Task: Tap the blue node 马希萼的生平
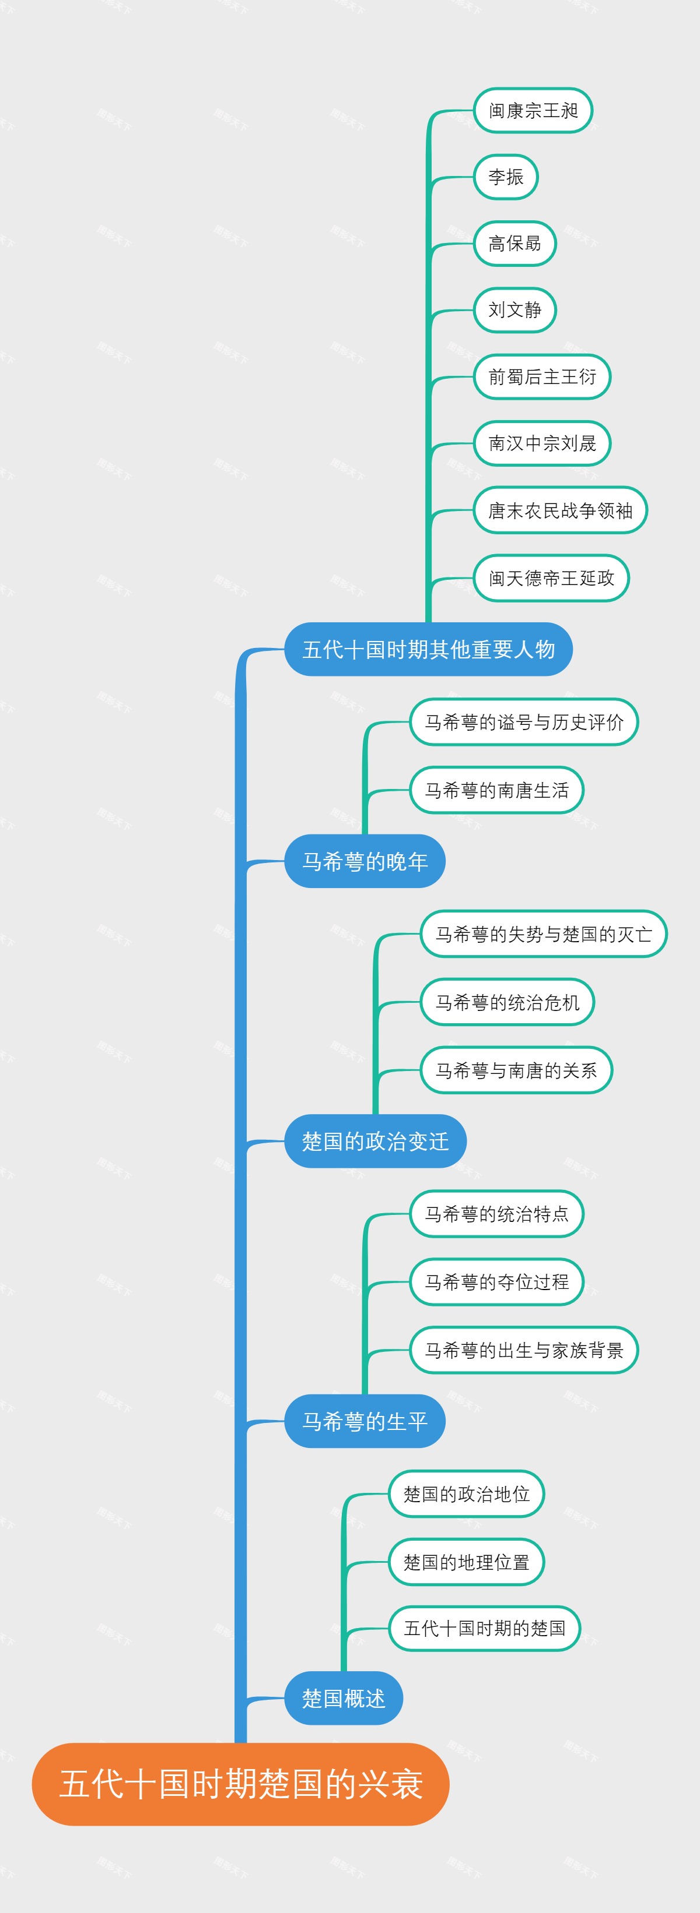(364, 1421)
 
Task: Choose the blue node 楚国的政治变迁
(375, 1141)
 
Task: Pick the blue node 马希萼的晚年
(364, 861)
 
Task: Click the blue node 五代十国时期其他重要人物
(428, 649)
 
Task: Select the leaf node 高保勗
(514, 244)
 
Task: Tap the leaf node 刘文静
(514, 309)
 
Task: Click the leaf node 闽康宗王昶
(533, 111)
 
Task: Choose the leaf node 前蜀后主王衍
(542, 376)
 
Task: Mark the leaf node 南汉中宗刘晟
(542, 443)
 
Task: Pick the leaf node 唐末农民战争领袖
(561, 510)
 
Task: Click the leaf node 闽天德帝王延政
(551, 578)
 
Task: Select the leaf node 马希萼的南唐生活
(496, 790)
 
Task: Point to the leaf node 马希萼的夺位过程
(496, 1282)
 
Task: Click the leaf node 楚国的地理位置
(466, 1562)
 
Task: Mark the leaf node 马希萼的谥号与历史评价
(524, 722)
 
